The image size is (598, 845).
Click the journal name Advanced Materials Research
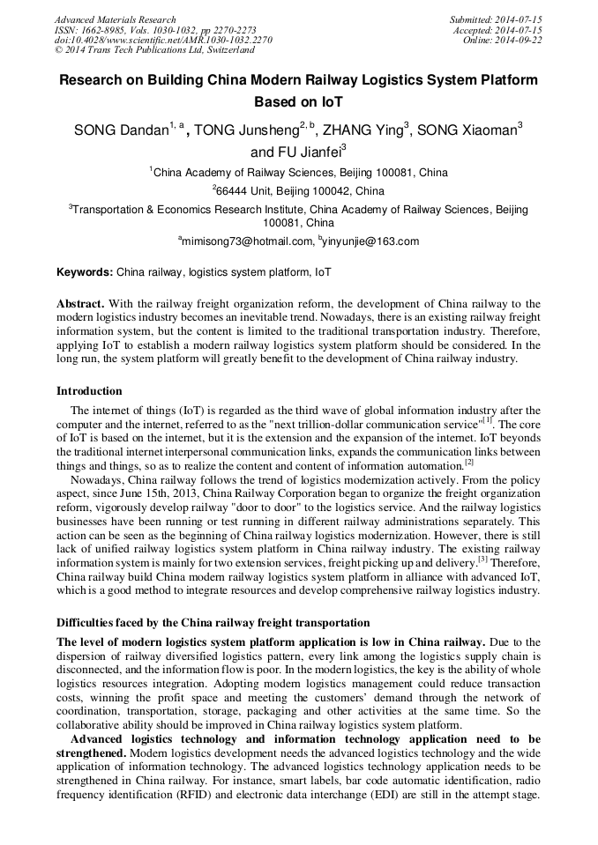tap(115, 19)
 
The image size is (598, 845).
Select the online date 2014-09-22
tap(518, 41)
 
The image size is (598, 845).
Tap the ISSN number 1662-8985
tap(108, 30)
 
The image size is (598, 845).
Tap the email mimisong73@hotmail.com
tap(247, 241)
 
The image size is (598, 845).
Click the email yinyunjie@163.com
tap(371, 241)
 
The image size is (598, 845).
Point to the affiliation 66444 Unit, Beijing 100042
tap(300, 190)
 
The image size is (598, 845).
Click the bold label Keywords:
tap(85, 273)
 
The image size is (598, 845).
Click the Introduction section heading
tap(89, 390)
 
